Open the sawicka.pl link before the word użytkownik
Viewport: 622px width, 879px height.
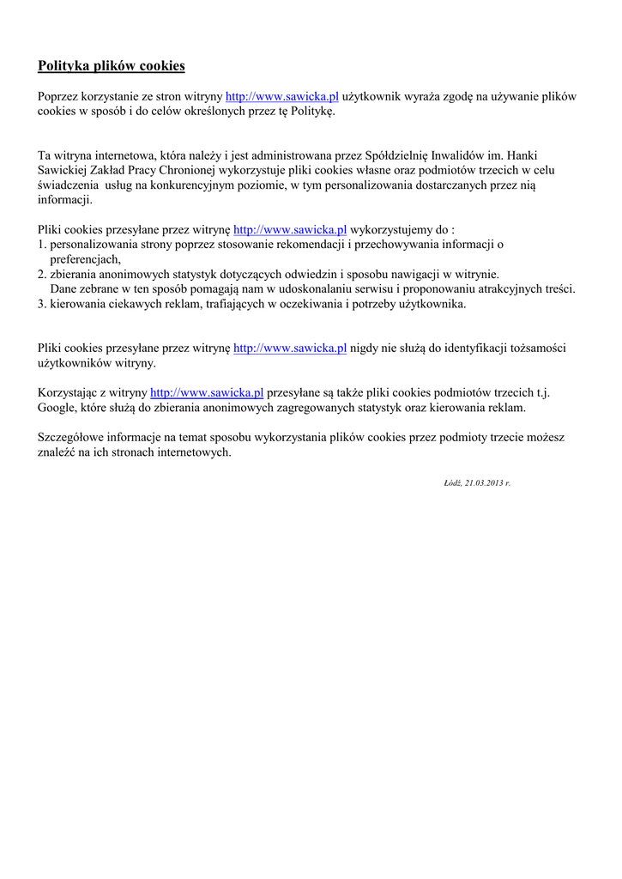tap(282, 97)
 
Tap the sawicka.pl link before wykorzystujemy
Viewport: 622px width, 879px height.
tap(290, 230)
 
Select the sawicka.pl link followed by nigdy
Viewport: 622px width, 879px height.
tap(290, 348)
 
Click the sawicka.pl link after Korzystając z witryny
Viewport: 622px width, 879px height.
tap(207, 392)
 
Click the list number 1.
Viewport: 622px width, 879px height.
tap(41, 245)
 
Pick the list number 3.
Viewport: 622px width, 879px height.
tap(41, 304)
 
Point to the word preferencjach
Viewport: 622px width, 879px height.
tap(85, 259)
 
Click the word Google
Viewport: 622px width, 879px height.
tap(57, 407)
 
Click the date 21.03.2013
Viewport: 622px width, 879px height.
tap(484, 483)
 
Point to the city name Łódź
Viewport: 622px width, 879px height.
tap(452, 483)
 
